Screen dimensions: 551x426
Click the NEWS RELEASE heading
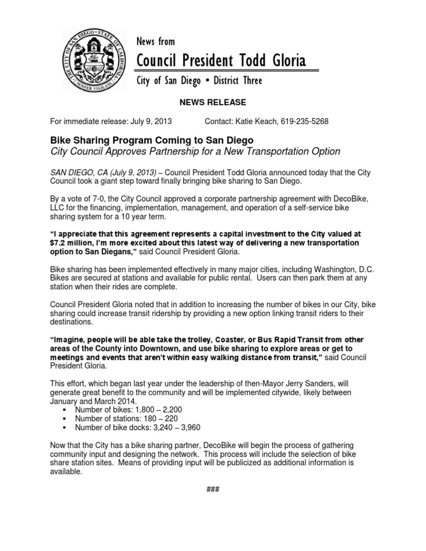(213, 103)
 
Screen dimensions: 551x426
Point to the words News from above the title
(156, 42)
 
